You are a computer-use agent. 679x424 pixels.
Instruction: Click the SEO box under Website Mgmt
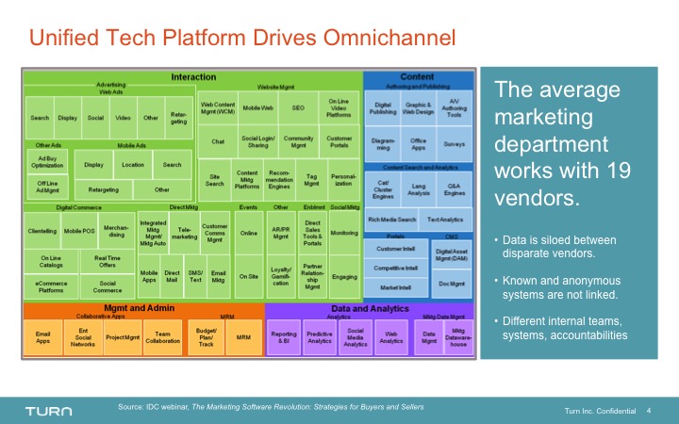click(298, 108)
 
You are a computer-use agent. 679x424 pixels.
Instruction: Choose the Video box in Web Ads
click(123, 118)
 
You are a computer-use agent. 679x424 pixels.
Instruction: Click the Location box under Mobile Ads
click(133, 165)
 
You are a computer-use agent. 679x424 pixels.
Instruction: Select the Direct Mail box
click(172, 276)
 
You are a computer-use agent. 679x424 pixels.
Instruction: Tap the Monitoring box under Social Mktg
click(344, 232)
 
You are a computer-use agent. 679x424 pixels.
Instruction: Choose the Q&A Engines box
click(454, 189)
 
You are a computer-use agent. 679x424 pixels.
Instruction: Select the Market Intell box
click(396, 287)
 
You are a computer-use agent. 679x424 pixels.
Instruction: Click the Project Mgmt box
click(123, 335)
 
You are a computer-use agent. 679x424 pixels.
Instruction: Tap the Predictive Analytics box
click(320, 336)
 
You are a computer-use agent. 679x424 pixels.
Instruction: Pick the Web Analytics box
click(390, 336)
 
